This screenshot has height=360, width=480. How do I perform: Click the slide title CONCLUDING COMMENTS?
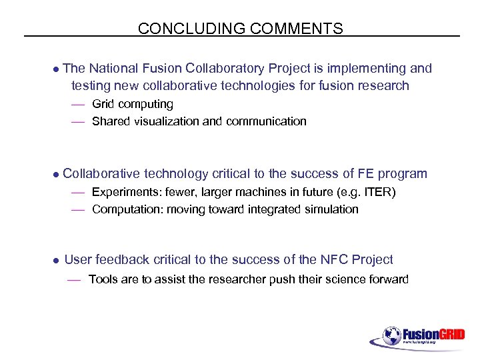(x=240, y=29)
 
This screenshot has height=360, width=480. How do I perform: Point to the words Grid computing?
(x=132, y=104)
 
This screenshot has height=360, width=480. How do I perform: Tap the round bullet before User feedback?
(x=57, y=261)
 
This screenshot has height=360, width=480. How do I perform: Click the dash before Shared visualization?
(x=79, y=122)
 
